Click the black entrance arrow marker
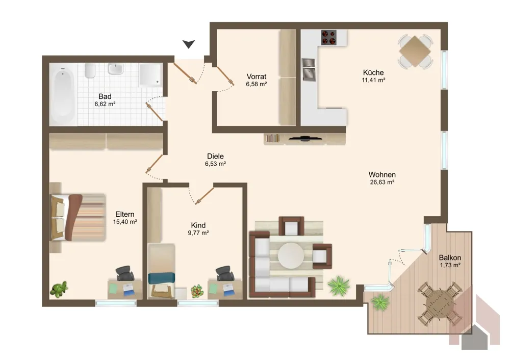click(x=189, y=44)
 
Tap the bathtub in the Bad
click(x=63, y=95)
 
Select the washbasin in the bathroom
click(x=115, y=69)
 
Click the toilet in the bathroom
click(x=90, y=70)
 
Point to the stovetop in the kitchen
click(x=329, y=37)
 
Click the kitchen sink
click(x=309, y=69)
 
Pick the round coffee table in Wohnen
click(x=291, y=255)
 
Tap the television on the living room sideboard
click(x=305, y=139)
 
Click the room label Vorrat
click(x=257, y=76)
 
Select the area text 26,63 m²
click(x=382, y=182)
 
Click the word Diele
click(x=215, y=156)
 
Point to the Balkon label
click(x=450, y=258)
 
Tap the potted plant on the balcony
click(x=380, y=302)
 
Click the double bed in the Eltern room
click(x=78, y=217)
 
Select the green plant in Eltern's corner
click(x=59, y=289)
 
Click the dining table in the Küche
click(x=415, y=52)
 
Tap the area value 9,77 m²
click(x=198, y=233)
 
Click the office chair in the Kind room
click(x=225, y=273)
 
